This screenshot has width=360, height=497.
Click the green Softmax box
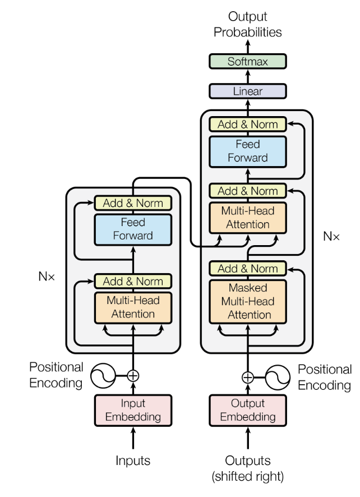(x=247, y=62)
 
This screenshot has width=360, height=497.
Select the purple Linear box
(x=247, y=91)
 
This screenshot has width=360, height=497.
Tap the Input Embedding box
(x=133, y=410)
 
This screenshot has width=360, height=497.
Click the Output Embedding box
(x=247, y=410)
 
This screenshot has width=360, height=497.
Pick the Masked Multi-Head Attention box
(x=247, y=301)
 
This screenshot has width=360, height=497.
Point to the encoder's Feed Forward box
(x=133, y=229)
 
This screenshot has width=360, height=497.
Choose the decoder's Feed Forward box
(x=247, y=151)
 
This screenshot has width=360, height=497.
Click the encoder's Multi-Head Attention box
(x=133, y=307)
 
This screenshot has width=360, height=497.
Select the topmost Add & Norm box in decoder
(x=247, y=125)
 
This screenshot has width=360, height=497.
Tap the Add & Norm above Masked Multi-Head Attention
(x=247, y=268)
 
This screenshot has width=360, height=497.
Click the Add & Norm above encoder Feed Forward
(x=133, y=203)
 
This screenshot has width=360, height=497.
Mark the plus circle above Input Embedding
(x=133, y=375)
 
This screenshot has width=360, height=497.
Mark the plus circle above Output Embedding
(x=247, y=376)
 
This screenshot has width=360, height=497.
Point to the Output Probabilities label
(x=247, y=24)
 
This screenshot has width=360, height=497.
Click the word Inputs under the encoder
(x=133, y=461)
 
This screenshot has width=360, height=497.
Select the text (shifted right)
(x=247, y=477)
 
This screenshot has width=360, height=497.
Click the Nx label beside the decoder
(x=331, y=236)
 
